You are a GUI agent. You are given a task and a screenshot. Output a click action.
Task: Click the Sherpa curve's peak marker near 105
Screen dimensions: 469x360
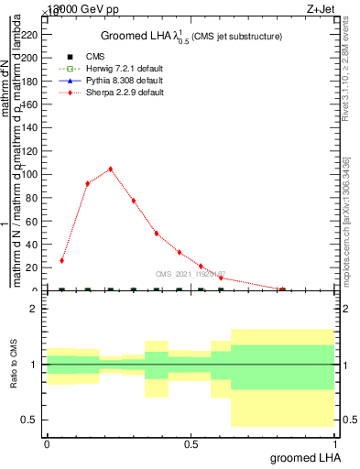pos(110,169)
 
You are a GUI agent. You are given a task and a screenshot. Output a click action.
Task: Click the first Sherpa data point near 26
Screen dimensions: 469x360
pos(62,260)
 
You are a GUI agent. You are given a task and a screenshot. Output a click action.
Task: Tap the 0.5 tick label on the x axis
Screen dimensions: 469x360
pos(191,443)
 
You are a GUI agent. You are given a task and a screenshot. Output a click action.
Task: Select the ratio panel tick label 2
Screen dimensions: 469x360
pos(33,310)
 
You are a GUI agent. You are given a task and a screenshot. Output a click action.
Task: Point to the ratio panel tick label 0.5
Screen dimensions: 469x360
pos(28,420)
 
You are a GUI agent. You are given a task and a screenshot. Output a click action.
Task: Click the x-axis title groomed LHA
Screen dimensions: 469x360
pos(307,457)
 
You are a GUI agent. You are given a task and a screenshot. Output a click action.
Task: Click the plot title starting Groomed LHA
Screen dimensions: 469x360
pos(191,36)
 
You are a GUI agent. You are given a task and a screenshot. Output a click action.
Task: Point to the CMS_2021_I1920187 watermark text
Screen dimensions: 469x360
pos(191,273)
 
